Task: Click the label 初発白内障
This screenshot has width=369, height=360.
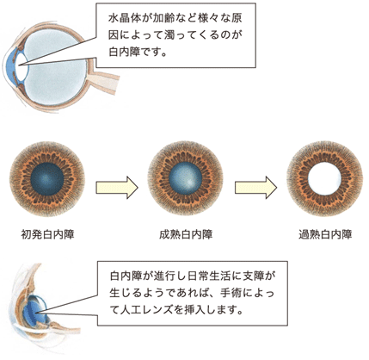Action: pos(47,234)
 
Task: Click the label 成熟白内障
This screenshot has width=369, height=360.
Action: pos(186,234)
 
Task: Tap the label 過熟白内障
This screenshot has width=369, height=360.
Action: pos(325,234)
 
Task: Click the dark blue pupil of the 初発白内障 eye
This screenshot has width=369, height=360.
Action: pos(47,180)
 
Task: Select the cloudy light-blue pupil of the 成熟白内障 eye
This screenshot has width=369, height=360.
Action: pos(186,180)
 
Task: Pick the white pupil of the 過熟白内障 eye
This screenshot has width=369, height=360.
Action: pos(324,179)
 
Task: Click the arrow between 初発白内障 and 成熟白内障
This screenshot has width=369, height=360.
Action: pos(117,188)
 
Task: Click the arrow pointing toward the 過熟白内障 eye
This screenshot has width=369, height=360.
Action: pos(255,188)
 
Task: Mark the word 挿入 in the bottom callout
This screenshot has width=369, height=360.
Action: pos(195,310)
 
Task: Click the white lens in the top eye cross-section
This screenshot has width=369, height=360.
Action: pos(21,65)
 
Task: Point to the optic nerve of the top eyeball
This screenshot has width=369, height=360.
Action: pos(104,81)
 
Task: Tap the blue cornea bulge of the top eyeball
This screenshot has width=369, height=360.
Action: pos(10,66)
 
